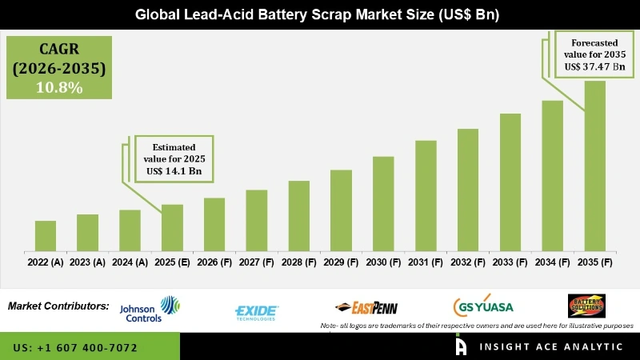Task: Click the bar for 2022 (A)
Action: [46, 235]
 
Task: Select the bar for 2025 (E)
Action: [172, 227]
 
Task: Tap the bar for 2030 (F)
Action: [383, 203]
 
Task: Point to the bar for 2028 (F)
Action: [298, 215]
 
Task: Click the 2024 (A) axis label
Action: [130, 262]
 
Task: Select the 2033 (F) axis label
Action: [510, 262]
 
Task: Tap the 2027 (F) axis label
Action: [256, 262]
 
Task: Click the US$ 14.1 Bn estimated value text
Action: [174, 170]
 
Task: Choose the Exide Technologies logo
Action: [256, 311]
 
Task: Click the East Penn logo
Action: [366, 308]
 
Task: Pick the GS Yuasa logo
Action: [483, 307]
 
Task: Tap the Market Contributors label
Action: [58, 306]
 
